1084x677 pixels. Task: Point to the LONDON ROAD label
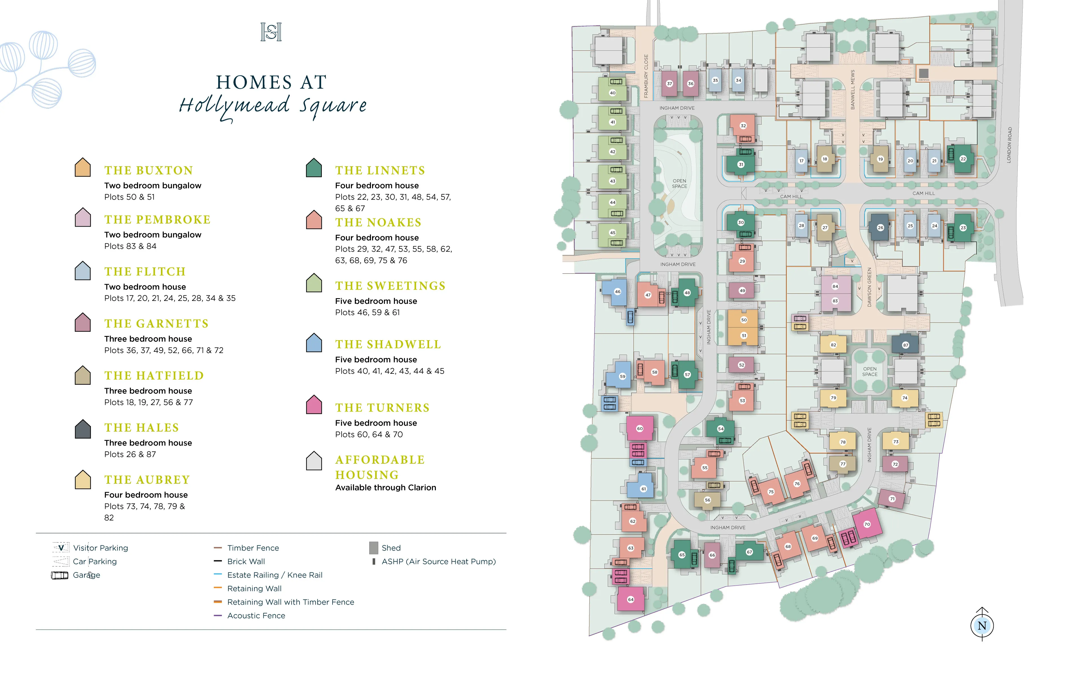(1009, 145)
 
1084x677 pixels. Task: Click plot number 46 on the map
(617, 291)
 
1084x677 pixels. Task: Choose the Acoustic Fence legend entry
(256, 616)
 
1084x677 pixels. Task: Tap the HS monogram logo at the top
(271, 32)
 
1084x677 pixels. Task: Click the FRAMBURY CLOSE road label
(646, 76)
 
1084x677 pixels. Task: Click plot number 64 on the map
(631, 599)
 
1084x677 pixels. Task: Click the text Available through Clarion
(385, 488)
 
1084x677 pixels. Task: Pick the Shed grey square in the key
(373, 548)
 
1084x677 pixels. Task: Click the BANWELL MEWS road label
(853, 89)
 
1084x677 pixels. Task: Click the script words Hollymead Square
(272, 106)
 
